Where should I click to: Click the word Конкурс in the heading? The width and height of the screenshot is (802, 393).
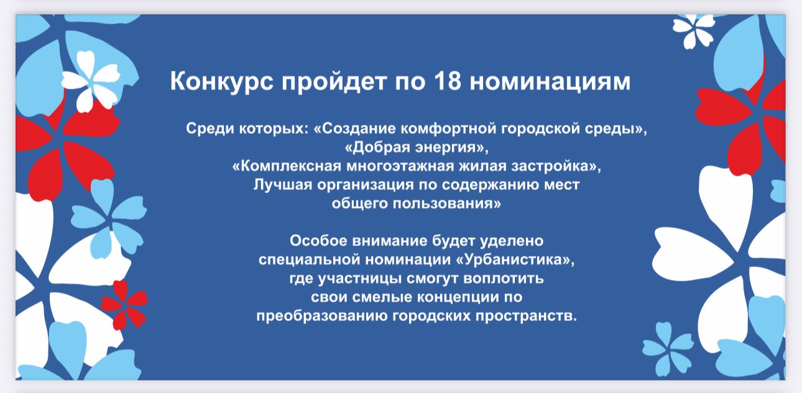(221, 81)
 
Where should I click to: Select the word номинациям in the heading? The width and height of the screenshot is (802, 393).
(550, 82)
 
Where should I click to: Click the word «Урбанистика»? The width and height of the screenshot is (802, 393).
(515, 260)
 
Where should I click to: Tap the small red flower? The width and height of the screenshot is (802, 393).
(124, 305)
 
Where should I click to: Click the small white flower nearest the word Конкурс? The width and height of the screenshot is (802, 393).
(91, 81)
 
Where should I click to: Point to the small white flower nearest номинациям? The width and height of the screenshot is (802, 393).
(694, 32)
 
